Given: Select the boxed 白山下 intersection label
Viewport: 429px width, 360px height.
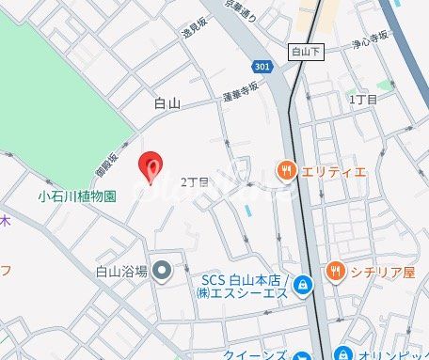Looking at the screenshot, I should tap(306, 55).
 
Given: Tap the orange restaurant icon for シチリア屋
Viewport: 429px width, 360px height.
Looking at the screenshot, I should tap(335, 272).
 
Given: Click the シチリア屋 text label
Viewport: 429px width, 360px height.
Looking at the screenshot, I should tap(383, 273).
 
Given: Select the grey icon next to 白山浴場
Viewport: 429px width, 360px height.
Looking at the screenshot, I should tap(163, 272).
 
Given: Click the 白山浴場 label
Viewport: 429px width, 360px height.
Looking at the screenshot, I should tap(122, 272).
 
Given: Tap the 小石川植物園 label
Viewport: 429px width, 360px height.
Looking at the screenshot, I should tap(77, 196).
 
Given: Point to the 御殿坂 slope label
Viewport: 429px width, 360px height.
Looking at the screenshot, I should tap(106, 167).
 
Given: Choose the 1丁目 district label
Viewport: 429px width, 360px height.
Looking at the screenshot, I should tap(363, 99).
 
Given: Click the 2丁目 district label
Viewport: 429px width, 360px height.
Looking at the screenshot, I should tap(193, 181).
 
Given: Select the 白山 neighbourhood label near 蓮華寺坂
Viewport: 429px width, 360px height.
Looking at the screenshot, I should tap(167, 103).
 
